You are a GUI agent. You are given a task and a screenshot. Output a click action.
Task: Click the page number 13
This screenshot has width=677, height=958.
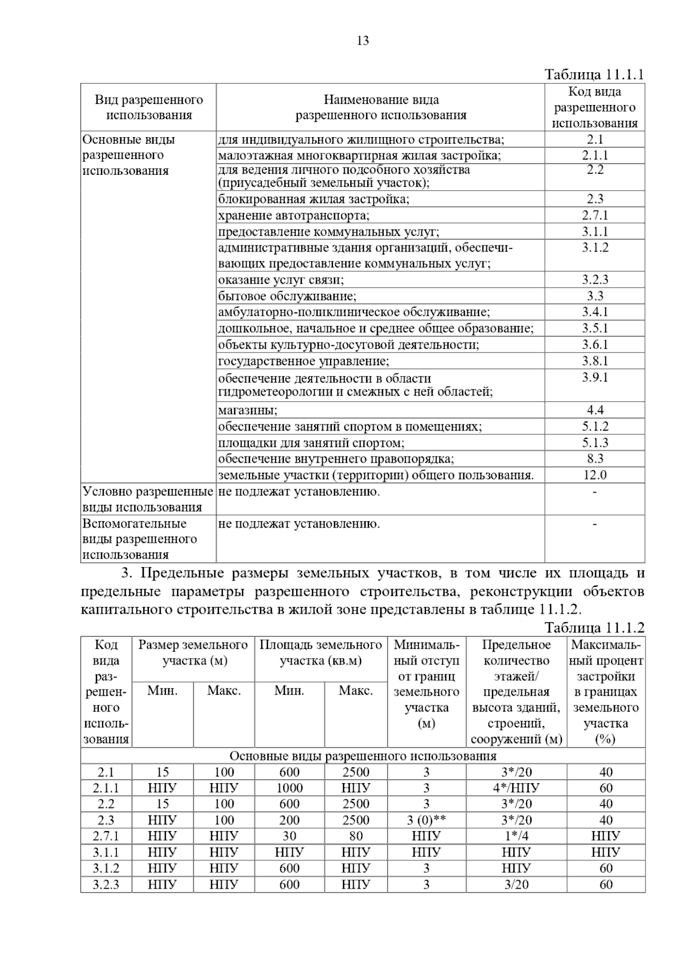click(x=363, y=41)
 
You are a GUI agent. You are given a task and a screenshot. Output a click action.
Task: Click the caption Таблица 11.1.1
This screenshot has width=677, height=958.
click(x=594, y=75)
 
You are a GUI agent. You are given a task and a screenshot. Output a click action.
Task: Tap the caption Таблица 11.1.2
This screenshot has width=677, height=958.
click(x=594, y=628)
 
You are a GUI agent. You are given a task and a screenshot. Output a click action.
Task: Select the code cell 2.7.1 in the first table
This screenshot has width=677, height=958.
click(x=595, y=215)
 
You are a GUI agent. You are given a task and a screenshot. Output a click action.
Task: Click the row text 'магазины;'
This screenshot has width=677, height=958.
click(x=248, y=410)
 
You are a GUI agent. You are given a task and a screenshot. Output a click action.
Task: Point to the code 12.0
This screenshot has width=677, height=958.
click(x=595, y=475)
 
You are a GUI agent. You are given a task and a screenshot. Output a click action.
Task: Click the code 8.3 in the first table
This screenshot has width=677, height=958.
click(x=595, y=459)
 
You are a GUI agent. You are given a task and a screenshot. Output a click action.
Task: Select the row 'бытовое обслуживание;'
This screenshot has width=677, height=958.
click(x=287, y=296)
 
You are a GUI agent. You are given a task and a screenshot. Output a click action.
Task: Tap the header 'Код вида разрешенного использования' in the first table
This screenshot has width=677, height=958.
click(x=595, y=107)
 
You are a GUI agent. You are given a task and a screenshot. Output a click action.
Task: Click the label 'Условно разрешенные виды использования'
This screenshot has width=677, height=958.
click(x=148, y=499)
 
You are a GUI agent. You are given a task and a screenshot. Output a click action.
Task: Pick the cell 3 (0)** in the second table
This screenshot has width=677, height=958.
click(x=427, y=820)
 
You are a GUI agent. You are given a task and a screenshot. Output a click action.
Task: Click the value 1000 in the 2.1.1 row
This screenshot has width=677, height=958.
click(x=289, y=788)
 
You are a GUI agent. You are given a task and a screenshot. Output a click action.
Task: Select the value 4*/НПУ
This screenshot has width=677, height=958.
click(x=516, y=788)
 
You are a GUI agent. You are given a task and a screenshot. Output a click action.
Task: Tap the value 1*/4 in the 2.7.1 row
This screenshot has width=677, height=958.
click(x=516, y=836)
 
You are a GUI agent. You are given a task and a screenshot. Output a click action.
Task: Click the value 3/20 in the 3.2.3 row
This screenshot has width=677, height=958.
click(x=516, y=885)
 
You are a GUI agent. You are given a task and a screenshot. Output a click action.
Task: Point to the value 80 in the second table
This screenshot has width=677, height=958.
click(x=355, y=836)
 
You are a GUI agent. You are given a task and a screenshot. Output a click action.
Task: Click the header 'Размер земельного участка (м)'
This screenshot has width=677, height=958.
click(x=194, y=653)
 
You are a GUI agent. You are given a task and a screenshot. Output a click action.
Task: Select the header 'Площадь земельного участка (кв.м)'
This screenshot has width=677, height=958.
click(x=320, y=653)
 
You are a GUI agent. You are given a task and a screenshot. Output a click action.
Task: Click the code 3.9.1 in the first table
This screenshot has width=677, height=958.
click(x=595, y=377)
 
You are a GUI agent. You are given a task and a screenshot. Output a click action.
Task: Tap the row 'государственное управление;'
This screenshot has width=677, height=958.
click(x=304, y=361)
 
